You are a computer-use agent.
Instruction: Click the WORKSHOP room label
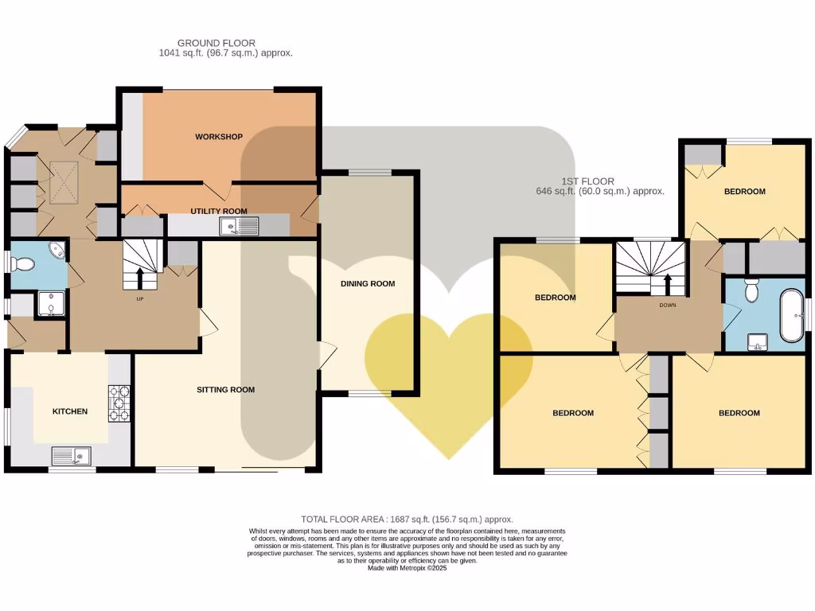(218, 137)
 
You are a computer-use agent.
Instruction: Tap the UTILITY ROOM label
(218, 212)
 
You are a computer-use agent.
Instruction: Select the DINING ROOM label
(367, 284)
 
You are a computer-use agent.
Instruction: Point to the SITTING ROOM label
(226, 390)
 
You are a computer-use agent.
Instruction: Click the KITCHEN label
(70, 411)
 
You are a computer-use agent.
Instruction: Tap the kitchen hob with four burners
(119, 403)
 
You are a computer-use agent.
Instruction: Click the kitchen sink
(72, 456)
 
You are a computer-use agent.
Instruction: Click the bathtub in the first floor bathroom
(790, 317)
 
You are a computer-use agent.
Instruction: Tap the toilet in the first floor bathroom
(750, 292)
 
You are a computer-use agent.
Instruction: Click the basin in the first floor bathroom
(755, 343)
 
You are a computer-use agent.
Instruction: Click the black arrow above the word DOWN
(667, 283)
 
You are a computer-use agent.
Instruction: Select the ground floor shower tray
(51, 305)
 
